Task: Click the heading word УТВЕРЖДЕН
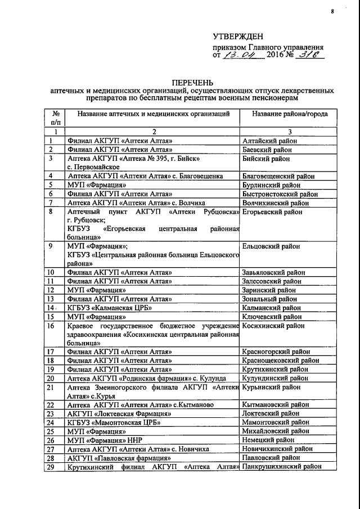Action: click(x=238, y=35)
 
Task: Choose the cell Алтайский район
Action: click(x=268, y=141)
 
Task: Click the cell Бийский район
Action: click(x=263, y=159)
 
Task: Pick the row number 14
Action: click(x=52, y=308)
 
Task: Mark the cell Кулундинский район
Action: click(x=274, y=378)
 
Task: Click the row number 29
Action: click(x=51, y=467)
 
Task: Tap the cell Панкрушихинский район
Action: click(x=281, y=467)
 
